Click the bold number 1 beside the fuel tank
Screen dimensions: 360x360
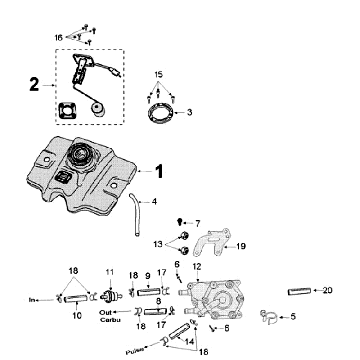click(x=186, y=171)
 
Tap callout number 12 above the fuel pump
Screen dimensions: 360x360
click(x=195, y=266)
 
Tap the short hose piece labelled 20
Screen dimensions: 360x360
click(x=298, y=291)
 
